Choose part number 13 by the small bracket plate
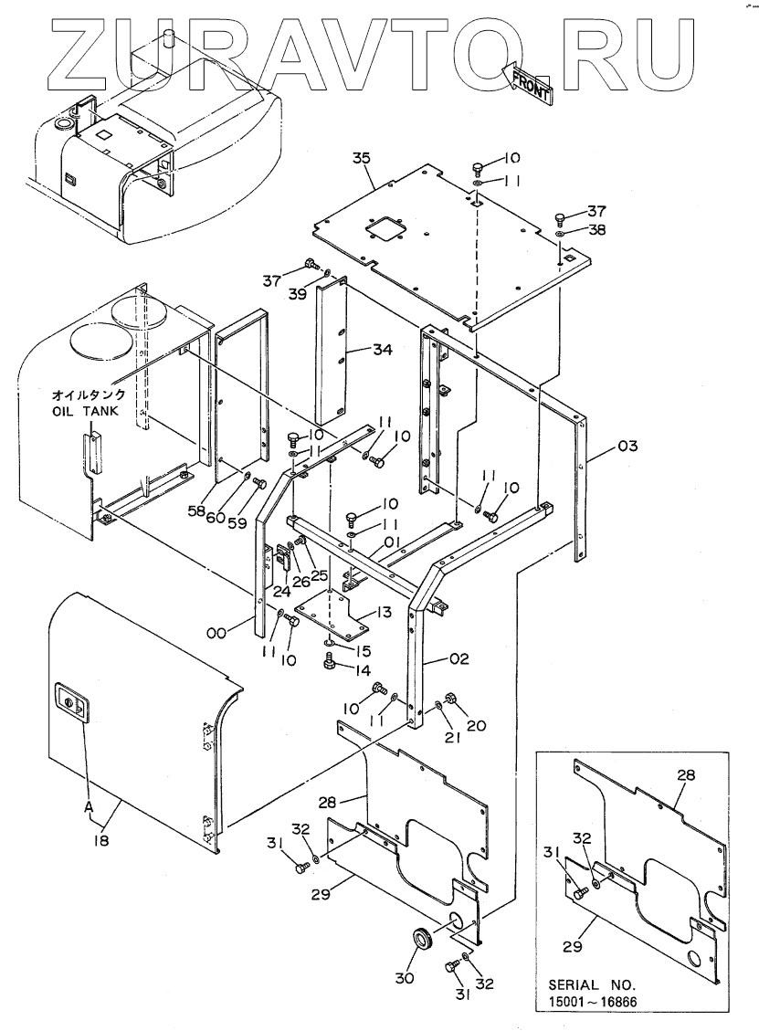385,612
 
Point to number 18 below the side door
100,839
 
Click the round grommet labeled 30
422,938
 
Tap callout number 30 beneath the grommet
405,978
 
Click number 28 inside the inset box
686,775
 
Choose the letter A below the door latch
89,806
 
